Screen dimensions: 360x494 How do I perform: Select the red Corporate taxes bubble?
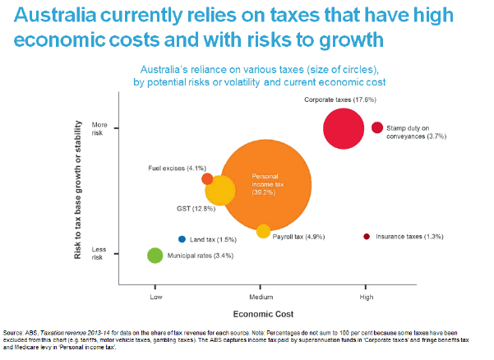point(344,128)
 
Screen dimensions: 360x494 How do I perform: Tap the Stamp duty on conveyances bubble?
point(377,127)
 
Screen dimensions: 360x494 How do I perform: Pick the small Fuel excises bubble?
point(207,179)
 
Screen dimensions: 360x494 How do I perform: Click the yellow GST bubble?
point(219,192)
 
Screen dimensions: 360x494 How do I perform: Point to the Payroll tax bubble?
point(263,231)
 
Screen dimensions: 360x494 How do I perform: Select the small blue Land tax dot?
point(182,239)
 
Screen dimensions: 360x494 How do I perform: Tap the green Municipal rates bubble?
point(155,256)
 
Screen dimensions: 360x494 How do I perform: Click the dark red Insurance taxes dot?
point(367,237)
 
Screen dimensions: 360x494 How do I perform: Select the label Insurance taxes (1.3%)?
point(410,237)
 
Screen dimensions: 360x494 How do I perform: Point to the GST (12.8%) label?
point(196,209)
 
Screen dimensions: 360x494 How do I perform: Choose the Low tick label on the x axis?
point(155,295)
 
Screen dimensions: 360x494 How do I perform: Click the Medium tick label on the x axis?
point(260,295)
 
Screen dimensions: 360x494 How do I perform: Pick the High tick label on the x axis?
point(367,295)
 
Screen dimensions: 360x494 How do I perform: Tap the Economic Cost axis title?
point(261,314)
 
